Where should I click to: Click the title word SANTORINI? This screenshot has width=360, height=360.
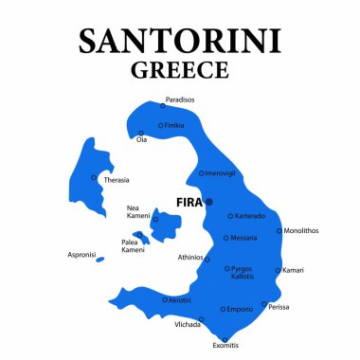[x=180, y=41]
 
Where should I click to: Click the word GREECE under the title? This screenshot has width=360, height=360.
[x=180, y=70]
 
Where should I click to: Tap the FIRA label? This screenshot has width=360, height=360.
[x=189, y=201]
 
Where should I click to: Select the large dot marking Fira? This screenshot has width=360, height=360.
[x=209, y=201]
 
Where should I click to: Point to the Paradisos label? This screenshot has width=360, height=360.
[x=180, y=99]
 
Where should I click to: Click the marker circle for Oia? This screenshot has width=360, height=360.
[x=141, y=134]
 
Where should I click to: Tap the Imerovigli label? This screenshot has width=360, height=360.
[x=223, y=173]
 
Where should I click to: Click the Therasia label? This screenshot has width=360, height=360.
[x=116, y=180]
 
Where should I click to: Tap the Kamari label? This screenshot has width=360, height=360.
[x=293, y=271]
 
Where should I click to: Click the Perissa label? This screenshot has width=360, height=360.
[x=279, y=307]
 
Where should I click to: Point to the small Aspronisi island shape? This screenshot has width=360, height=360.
[x=100, y=259]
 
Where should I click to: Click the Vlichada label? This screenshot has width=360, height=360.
[x=187, y=324]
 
